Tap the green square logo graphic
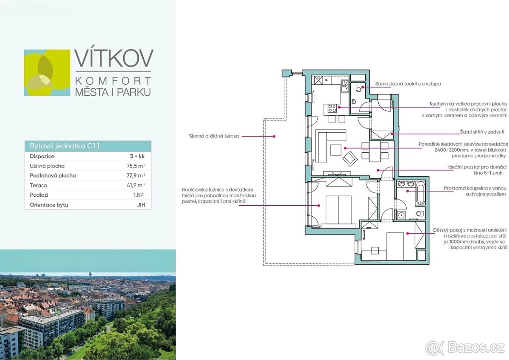click(x=47, y=73)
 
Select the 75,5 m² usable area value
click(x=136, y=166)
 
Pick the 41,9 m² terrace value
click(x=136, y=185)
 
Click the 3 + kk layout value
click(x=137, y=156)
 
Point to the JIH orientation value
click(x=141, y=205)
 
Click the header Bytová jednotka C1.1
click(x=64, y=146)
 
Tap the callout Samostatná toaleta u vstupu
click(x=408, y=84)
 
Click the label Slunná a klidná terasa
click(x=214, y=136)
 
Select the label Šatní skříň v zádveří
click(x=482, y=132)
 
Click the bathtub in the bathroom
click(x=421, y=194)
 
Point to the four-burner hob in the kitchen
click(x=332, y=108)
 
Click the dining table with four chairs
click(x=375, y=151)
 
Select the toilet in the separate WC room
click(x=358, y=88)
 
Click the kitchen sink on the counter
click(x=344, y=86)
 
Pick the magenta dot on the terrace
click(x=274, y=137)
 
